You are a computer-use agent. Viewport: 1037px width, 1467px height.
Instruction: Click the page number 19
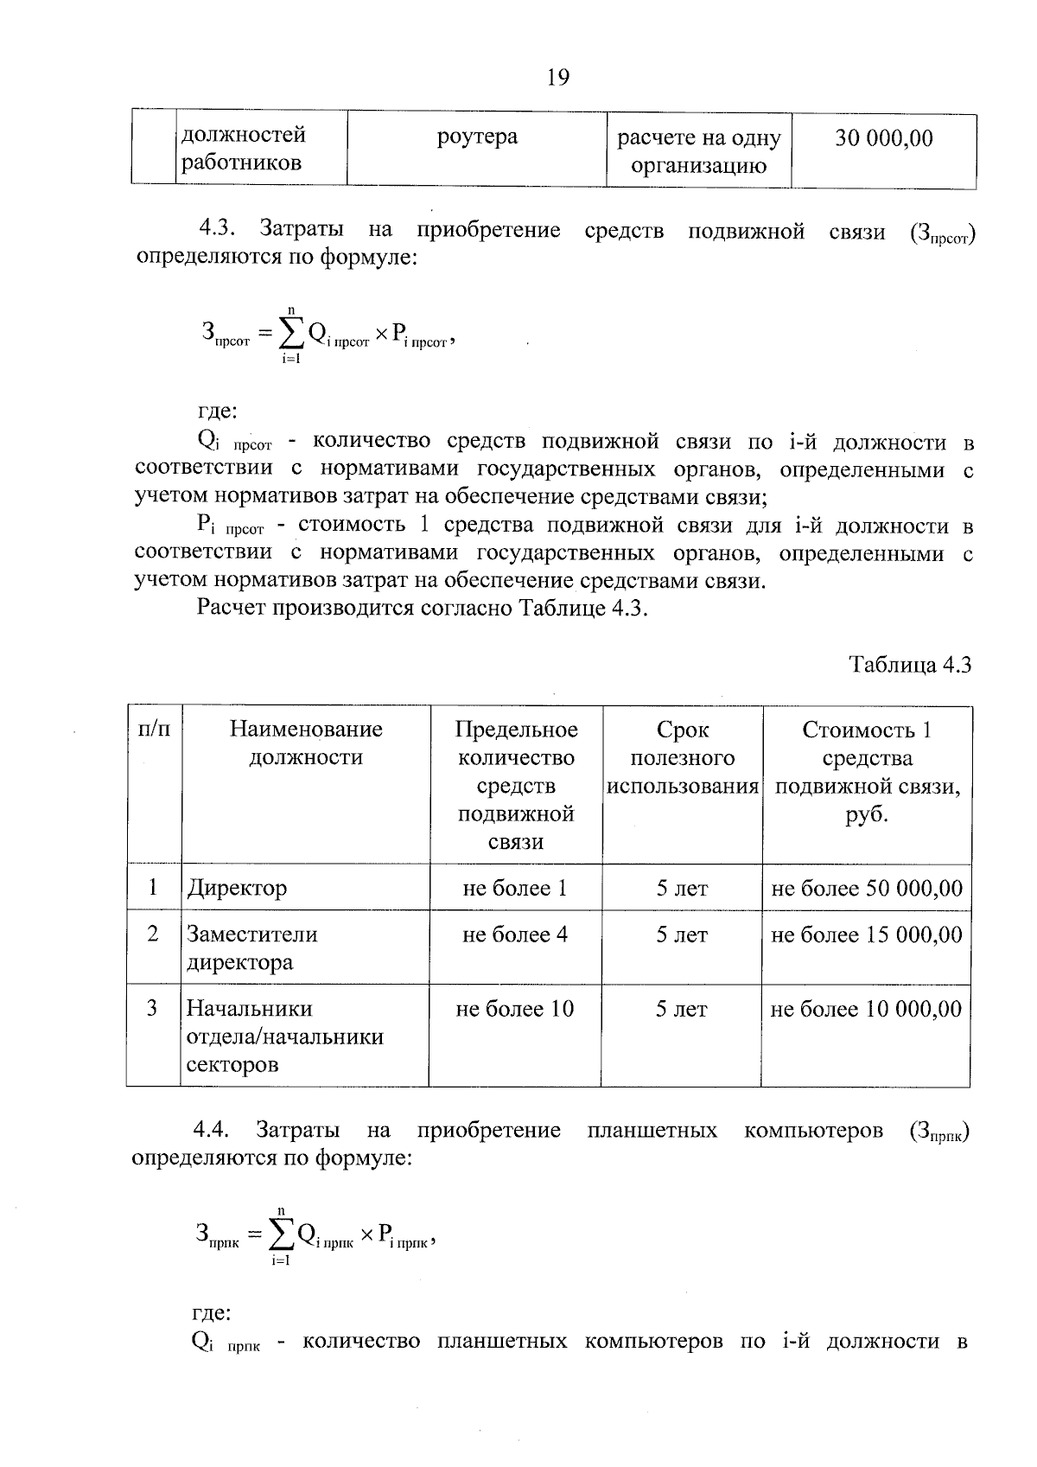(558, 78)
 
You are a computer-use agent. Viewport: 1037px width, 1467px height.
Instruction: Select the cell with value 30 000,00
(883, 138)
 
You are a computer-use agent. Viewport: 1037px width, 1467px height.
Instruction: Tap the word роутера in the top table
(477, 137)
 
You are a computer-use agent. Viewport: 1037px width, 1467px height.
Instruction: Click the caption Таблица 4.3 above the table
(910, 664)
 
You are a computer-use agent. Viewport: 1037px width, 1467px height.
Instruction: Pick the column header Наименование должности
(306, 743)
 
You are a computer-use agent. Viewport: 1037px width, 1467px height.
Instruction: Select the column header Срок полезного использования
(683, 758)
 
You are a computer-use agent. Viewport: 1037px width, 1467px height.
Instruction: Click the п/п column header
(154, 730)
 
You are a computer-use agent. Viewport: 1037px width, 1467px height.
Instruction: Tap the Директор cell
(237, 888)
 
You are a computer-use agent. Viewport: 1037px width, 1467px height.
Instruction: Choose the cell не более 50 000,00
(866, 889)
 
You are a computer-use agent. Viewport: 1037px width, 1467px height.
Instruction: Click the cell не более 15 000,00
(866, 934)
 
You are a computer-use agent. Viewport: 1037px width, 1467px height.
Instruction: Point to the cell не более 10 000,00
(866, 1009)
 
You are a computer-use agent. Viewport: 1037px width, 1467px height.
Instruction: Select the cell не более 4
(515, 934)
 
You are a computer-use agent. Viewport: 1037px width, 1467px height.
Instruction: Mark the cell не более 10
(515, 1009)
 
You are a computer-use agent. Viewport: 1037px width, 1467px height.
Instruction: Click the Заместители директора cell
(252, 947)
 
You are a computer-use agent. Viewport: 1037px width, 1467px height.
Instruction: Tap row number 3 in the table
(153, 1008)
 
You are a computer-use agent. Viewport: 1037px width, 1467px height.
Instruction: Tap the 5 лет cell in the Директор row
(682, 889)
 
